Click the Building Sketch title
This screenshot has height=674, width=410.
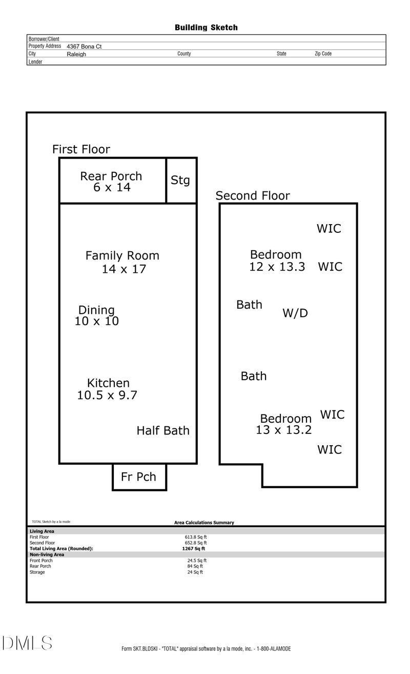[206, 28]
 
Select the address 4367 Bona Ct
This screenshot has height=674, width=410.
[84, 47]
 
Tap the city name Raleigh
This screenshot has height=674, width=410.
[76, 54]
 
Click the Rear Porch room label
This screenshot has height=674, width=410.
[111, 177]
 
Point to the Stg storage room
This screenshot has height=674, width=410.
[180, 180]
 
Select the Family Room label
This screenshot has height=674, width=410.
[122, 255]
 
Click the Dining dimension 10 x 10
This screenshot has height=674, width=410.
[97, 321]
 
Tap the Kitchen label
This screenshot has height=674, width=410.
[108, 383]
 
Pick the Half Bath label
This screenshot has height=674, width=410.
[163, 431]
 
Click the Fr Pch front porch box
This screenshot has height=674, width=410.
[139, 477]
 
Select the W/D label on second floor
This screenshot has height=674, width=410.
[295, 313]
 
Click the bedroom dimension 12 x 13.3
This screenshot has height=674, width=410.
[277, 267]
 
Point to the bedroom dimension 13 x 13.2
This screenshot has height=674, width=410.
[283, 430]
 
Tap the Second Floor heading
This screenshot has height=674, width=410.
[253, 196]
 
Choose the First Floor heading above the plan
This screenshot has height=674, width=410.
[81, 149]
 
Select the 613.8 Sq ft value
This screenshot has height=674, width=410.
[196, 537]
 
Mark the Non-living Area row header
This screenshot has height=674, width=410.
[47, 554]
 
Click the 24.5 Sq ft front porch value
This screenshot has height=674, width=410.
[197, 560]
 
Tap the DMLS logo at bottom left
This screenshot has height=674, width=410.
[27, 643]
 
